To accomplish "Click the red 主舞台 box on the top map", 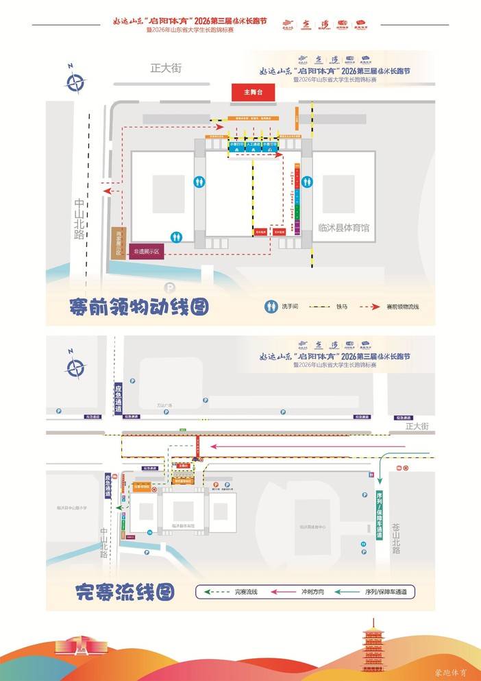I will click(248, 91).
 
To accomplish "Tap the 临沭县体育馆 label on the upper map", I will click(344, 228).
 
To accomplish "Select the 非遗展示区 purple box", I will click(146, 252).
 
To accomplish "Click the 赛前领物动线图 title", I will click(139, 307).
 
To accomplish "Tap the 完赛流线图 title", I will click(125, 590).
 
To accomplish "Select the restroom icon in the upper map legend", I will click(272, 306).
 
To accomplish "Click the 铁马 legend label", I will click(342, 306).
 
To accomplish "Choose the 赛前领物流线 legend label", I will click(402, 306).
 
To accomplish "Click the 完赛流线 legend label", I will click(245, 591).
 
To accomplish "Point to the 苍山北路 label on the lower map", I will click(395, 536).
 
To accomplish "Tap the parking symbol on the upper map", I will click(168, 287).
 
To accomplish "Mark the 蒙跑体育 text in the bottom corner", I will click(450, 673).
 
